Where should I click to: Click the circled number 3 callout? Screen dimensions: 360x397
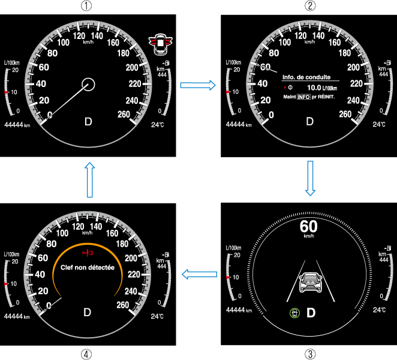(x=309, y=353)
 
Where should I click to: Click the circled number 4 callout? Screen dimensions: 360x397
(x=87, y=353)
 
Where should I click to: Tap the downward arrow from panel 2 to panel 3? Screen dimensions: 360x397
(x=309, y=178)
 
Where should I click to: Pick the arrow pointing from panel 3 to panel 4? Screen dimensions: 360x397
(x=199, y=274)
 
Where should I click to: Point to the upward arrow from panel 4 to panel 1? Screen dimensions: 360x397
(x=89, y=179)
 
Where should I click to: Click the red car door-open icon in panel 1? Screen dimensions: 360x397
(x=160, y=41)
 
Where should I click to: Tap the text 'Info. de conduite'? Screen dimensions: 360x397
(x=306, y=77)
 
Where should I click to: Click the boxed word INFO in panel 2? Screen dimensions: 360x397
(x=303, y=97)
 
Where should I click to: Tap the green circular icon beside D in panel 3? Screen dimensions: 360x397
(x=294, y=313)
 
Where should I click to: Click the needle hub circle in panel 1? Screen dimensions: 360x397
(x=89, y=84)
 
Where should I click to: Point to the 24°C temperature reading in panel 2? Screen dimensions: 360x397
(x=378, y=124)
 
